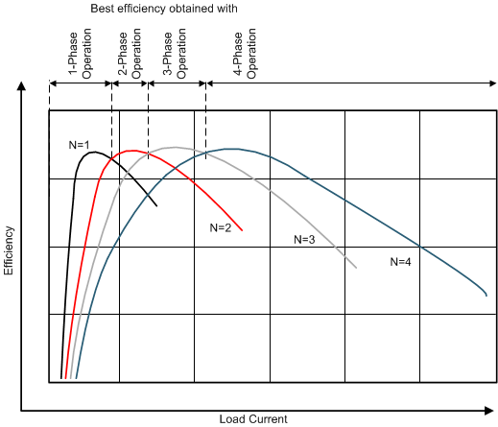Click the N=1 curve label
pyautogui.click(x=79, y=145)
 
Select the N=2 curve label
pyautogui.click(x=221, y=227)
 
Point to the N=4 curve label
pyautogui.click(x=401, y=261)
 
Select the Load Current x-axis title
pyautogui.click(x=252, y=418)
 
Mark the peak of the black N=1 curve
pyautogui.click(x=92, y=151)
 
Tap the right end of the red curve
pyautogui.click(x=242, y=230)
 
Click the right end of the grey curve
pyautogui.click(x=357, y=267)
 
